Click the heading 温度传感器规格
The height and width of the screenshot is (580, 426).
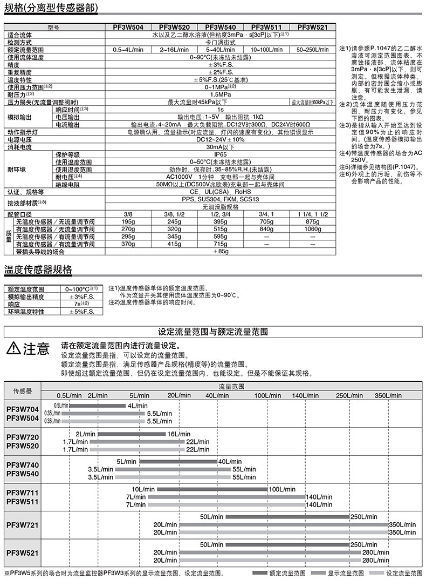[38, 269]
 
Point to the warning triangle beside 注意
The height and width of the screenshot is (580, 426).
[12, 348]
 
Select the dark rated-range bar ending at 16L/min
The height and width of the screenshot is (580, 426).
[132, 434]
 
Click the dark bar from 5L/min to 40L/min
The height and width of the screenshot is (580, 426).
[178, 462]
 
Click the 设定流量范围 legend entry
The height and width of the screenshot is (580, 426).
[402, 573]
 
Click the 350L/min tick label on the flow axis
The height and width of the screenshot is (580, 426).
[388, 395]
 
